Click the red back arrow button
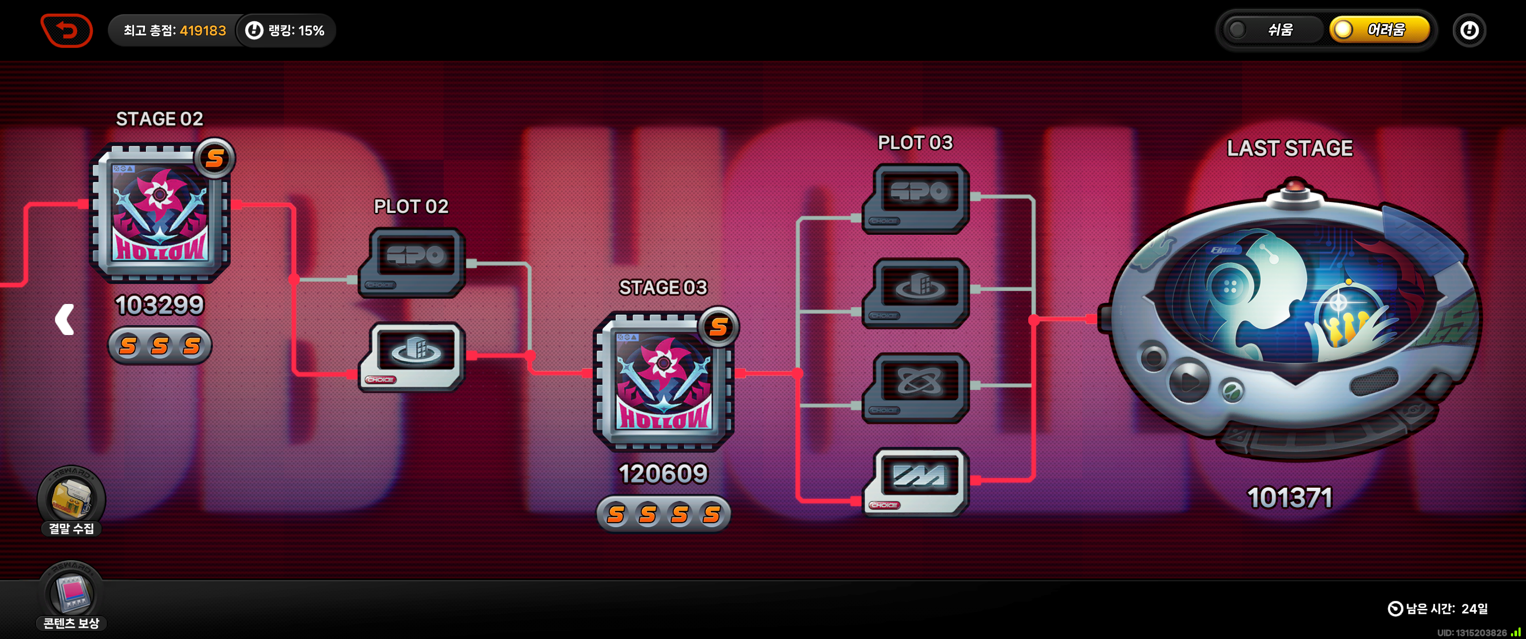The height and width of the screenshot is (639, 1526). pyautogui.click(x=67, y=30)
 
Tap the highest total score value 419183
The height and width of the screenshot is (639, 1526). pyautogui.click(x=203, y=31)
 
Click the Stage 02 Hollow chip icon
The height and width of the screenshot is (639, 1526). pyautogui.click(x=160, y=213)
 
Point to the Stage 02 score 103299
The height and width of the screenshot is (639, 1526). pyautogui.click(x=159, y=305)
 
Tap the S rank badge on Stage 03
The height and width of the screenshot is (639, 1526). pyautogui.click(x=719, y=327)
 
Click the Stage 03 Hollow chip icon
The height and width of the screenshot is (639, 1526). pyautogui.click(x=664, y=383)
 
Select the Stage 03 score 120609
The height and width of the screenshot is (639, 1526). pyautogui.click(x=663, y=473)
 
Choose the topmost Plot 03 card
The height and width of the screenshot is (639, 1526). pyautogui.click(x=916, y=198)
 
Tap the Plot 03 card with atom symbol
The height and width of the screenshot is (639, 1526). pyautogui.click(x=916, y=387)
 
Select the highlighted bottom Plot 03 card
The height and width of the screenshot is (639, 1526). pyautogui.click(x=916, y=481)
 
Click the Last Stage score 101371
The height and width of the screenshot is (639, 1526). pyautogui.click(x=1290, y=498)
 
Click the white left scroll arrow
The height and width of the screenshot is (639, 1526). pyautogui.click(x=65, y=319)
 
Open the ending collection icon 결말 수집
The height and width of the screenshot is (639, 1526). pyautogui.click(x=71, y=501)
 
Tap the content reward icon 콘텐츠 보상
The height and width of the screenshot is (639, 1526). pyautogui.click(x=71, y=596)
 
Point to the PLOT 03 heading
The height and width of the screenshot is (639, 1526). pyautogui.click(x=915, y=143)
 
